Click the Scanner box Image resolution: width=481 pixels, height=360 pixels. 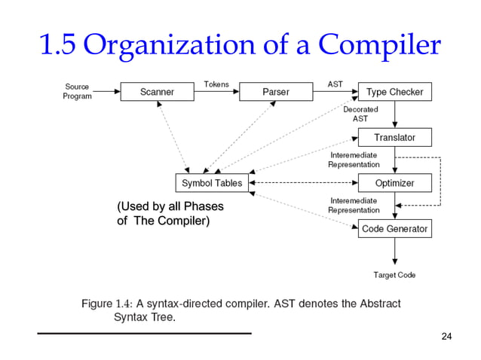[x=157, y=92]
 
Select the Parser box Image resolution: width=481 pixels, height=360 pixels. [x=276, y=92]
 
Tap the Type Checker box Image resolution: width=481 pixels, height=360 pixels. [x=394, y=92]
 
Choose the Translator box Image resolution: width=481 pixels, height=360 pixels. [x=394, y=137]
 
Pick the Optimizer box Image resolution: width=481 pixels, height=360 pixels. [x=394, y=183]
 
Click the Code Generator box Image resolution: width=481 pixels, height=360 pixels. [x=394, y=228]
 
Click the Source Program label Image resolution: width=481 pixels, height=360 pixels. [x=77, y=91]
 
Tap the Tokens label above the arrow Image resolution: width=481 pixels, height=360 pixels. [x=216, y=84]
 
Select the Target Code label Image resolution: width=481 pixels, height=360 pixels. [x=394, y=275]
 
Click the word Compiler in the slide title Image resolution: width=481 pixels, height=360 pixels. [x=380, y=46]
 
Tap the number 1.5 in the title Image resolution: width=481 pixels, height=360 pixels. [x=58, y=46]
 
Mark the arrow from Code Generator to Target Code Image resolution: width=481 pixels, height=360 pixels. [x=395, y=252]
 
